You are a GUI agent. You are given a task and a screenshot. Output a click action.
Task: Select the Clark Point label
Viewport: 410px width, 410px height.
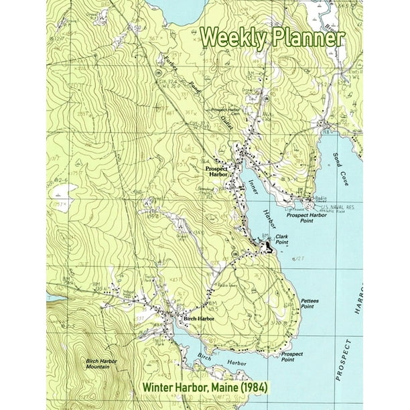(x=281, y=239)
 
